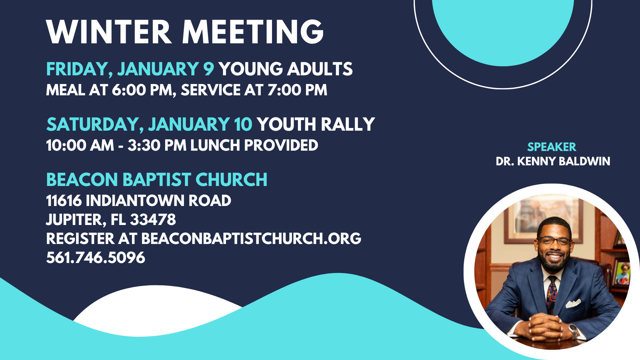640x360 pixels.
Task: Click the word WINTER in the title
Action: tap(109, 32)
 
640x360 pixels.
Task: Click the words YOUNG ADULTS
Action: tap(286, 69)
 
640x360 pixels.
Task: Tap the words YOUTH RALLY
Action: tap(316, 124)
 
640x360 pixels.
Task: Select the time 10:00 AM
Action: tap(80, 146)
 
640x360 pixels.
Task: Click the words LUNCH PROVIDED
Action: tap(254, 146)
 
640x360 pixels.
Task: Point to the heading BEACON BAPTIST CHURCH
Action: tap(157, 180)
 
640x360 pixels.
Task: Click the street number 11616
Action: tap(64, 201)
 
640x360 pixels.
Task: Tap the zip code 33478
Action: tap(153, 220)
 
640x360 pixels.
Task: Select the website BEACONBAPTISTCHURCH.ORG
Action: tap(251, 239)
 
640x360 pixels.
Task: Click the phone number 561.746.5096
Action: tap(96, 258)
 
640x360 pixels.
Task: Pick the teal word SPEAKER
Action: tap(552, 147)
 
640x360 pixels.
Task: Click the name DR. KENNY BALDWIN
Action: tap(553, 161)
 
